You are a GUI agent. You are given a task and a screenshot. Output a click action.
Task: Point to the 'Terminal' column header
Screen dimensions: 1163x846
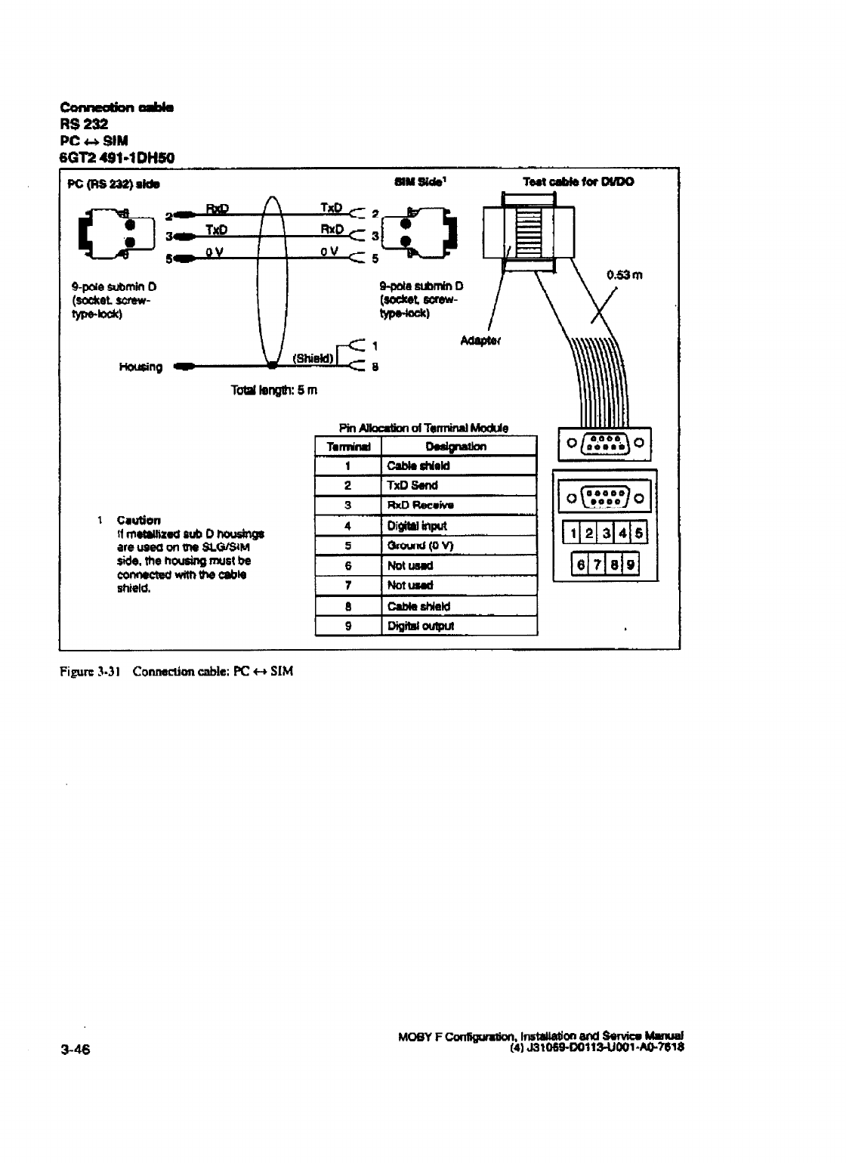[x=347, y=447]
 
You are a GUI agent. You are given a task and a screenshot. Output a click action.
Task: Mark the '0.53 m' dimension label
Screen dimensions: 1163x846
[x=624, y=275]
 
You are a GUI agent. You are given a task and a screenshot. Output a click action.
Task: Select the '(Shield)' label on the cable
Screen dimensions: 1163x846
[x=311, y=358]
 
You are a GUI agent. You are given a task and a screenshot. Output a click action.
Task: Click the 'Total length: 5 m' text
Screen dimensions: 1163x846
[x=275, y=391]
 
